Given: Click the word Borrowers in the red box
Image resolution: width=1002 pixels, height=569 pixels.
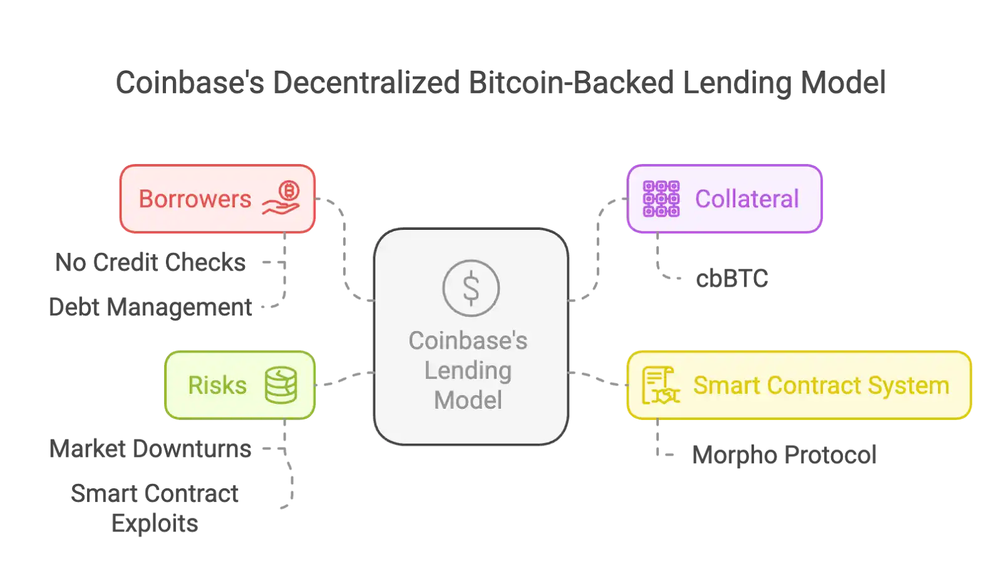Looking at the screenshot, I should click(195, 199).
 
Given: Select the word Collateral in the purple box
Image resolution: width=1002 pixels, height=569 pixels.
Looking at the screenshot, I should click(746, 199).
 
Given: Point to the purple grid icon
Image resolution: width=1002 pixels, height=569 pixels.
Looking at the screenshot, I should click(661, 198).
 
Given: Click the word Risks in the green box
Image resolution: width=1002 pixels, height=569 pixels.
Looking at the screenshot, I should click(217, 385).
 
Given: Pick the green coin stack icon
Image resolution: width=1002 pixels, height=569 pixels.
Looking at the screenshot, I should click(281, 385).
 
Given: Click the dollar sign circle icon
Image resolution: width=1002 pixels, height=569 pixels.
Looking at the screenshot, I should click(471, 288).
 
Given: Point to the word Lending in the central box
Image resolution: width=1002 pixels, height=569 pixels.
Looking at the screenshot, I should click(468, 371).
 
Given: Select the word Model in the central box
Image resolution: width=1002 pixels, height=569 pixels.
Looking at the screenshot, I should click(468, 400).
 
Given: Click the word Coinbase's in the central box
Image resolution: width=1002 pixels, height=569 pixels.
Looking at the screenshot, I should click(468, 341).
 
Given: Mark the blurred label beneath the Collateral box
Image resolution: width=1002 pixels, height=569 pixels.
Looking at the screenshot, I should click(733, 279).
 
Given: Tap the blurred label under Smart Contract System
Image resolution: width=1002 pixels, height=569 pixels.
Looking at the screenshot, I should click(783, 453).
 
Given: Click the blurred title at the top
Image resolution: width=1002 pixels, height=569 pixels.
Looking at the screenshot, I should click(501, 82).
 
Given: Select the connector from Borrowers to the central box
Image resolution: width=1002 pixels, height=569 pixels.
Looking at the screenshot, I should click(343, 250).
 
